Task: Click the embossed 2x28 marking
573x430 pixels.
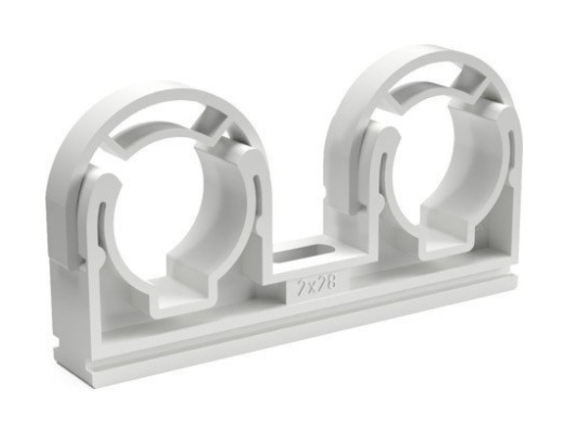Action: tap(316, 283)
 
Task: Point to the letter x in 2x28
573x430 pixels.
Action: tap(310, 284)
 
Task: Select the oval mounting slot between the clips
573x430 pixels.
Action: tap(304, 253)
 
